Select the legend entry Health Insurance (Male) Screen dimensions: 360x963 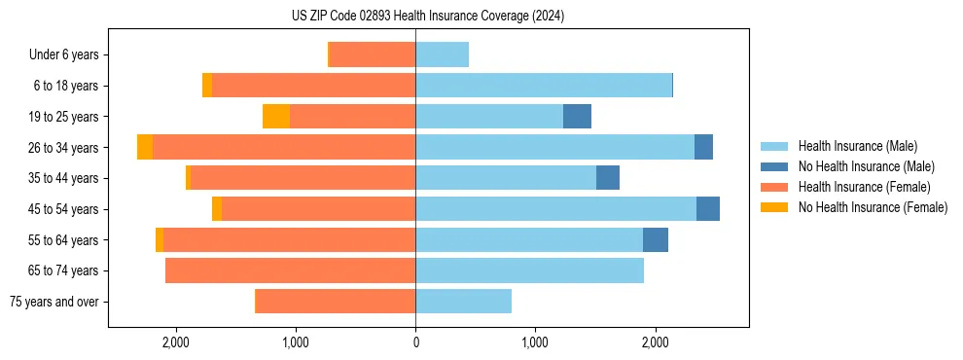pyautogui.click(x=857, y=146)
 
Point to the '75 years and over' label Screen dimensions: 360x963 pyautogui.click(x=53, y=302)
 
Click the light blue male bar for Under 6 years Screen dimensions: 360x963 pyautogui.click(x=442, y=54)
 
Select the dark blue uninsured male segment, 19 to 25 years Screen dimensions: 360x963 pyautogui.click(x=577, y=116)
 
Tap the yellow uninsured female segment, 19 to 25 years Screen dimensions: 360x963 pyautogui.click(x=276, y=116)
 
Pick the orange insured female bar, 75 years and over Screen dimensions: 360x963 pyautogui.click(x=335, y=302)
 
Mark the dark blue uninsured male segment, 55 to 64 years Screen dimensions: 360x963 pyautogui.click(x=656, y=239)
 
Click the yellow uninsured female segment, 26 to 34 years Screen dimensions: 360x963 pyautogui.click(x=145, y=147)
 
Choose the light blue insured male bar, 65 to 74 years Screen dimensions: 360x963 pyautogui.click(x=529, y=270)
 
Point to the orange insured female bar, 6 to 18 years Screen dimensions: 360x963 pyautogui.click(x=313, y=86)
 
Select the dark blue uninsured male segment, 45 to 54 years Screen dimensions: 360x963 pyautogui.click(x=708, y=209)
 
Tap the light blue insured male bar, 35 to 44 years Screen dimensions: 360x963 pyautogui.click(x=506, y=178)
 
